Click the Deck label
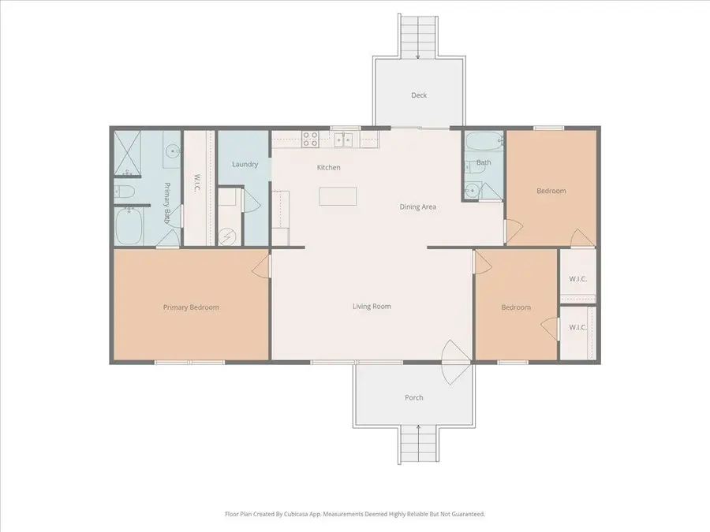click(x=419, y=95)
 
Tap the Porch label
click(x=414, y=397)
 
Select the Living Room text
click(x=372, y=307)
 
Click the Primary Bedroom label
click(x=191, y=307)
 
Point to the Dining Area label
click(x=418, y=206)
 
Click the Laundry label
click(x=245, y=164)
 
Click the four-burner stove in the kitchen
click(x=310, y=140)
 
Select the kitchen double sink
click(x=343, y=140)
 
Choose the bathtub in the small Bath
click(x=482, y=143)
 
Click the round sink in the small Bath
click(x=472, y=188)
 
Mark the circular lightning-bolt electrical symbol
click(x=228, y=234)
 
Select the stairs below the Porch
click(x=419, y=445)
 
